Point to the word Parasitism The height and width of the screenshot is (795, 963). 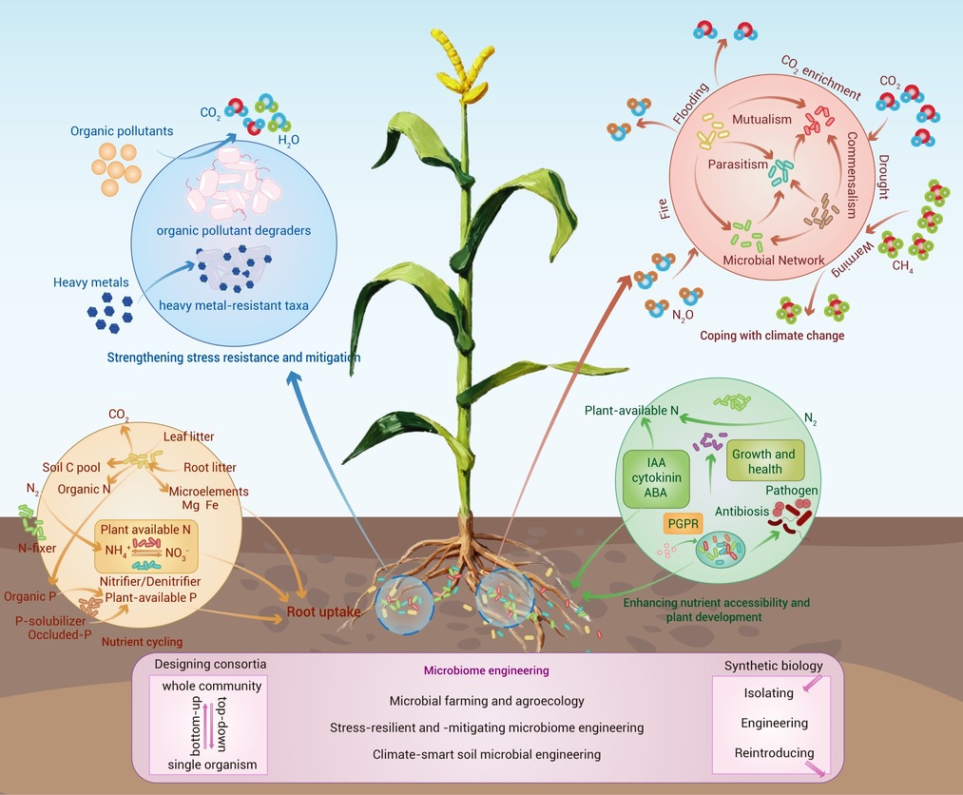click(x=738, y=165)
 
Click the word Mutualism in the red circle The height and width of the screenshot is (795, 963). click(x=762, y=120)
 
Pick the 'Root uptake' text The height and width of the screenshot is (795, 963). click(x=324, y=612)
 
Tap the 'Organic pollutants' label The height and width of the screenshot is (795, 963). click(x=123, y=130)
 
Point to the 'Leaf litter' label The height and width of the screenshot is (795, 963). click(x=187, y=436)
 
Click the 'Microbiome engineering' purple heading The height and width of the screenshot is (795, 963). click(x=488, y=670)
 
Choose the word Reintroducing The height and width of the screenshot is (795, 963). click(x=774, y=753)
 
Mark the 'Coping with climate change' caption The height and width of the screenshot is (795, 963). click(x=772, y=336)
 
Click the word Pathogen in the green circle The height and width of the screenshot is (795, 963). click(x=792, y=490)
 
